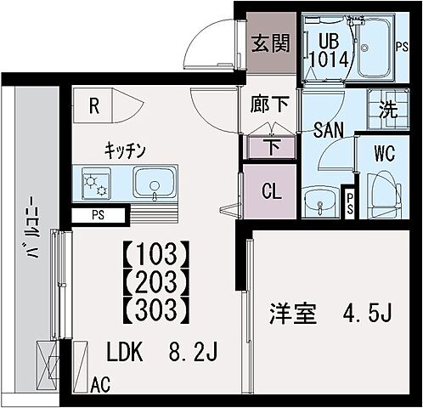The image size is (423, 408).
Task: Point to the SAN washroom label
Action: pyautogui.click(x=328, y=130)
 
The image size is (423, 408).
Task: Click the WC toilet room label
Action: pyautogui.click(x=385, y=156)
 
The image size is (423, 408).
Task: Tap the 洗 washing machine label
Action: pyautogui.click(x=386, y=110)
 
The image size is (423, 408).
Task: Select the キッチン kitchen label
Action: pyautogui.click(x=126, y=150)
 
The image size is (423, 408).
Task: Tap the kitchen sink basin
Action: pyautogui.click(x=152, y=183)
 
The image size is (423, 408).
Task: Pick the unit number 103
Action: pyautogui.click(x=155, y=254)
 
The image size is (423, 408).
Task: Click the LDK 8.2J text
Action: pyautogui.click(x=162, y=351)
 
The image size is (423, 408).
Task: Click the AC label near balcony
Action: pyautogui.click(x=101, y=385)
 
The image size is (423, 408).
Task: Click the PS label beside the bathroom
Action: pyautogui.click(x=403, y=47)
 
